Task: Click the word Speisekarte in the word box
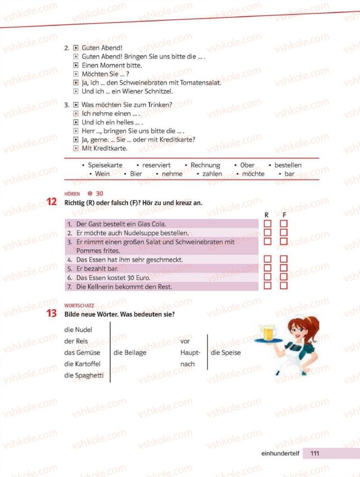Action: [x=105, y=165]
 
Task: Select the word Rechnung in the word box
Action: [x=205, y=165]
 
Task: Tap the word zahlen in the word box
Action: [x=212, y=174]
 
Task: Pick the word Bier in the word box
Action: [x=136, y=174]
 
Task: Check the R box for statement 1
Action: [x=268, y=224]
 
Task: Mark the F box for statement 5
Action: [x=283, y=268]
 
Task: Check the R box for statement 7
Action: [x=268, y=286]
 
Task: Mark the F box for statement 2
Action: [x=283, y=232]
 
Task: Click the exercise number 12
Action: [x=52, y=202]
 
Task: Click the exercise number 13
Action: [x=52, y=314]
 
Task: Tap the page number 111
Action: [x=315, y=453]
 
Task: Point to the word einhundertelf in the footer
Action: [x=280, y=453]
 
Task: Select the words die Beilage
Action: [x=130, y=353]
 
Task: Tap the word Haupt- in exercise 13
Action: [x=190, y=353]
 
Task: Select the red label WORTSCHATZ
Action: [x=79, y=305]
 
